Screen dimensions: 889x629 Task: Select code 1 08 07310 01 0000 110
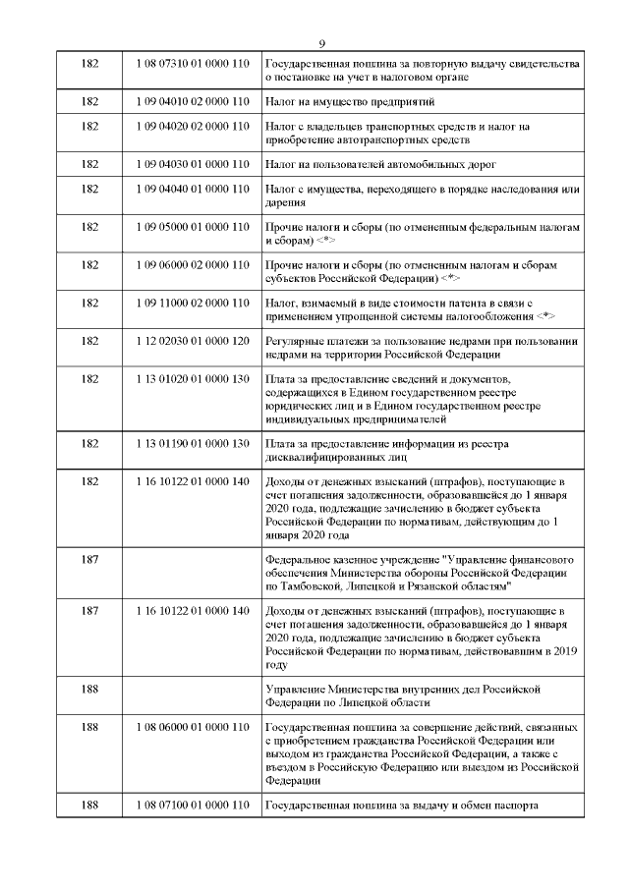(x=193, y=64)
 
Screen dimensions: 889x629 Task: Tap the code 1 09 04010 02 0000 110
(x=193, y=102)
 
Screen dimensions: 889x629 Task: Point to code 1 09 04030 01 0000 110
(x=193, y=163)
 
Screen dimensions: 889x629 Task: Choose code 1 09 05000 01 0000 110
(x=193, y=226)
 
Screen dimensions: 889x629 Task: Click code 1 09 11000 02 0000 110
(x=193, y=303)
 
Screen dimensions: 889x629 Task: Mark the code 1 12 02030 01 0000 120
(x=193, y=341)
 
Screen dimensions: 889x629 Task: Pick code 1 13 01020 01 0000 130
(x=193, y=379)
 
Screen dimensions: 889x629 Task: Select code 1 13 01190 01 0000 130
(x=193, y=443)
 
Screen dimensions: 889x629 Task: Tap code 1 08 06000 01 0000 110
(x=193, y=726)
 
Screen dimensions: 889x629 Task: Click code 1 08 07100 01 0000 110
(x=193, y=806)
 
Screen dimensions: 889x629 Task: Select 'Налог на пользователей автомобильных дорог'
(x=382, y=163)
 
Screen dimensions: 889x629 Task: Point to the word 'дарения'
(x=287, y=202)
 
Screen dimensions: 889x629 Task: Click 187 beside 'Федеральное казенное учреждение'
(x=90, y=558)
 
